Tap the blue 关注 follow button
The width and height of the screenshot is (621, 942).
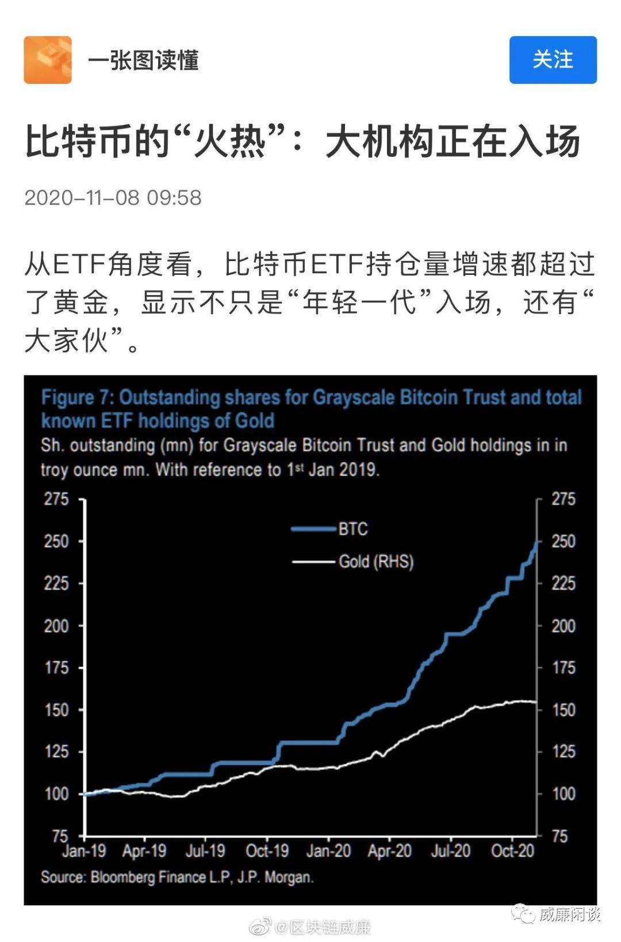pos(553,60)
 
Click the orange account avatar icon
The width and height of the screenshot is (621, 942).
pos(48,60)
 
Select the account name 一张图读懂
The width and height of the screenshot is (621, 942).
pos(143,60)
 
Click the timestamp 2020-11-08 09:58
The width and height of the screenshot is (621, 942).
pos(113,198)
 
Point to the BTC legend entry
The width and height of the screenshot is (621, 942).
pos(352,529)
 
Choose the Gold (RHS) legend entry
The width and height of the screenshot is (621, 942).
pos(376,561)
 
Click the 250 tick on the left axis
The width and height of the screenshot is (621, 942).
pos(56,541)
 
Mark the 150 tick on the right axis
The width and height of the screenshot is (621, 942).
pos(563,710)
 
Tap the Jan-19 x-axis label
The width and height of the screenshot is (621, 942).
pos(84,851)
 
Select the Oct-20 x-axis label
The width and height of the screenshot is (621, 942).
pos(512,851)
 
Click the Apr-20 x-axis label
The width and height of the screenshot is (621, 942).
pos(390,851)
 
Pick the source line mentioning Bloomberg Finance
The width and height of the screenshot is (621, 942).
pos(177,877)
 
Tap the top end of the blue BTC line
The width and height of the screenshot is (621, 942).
pos(536,542)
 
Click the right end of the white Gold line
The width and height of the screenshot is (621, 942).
pos(535,702)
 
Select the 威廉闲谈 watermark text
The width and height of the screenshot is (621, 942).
pos(569,914)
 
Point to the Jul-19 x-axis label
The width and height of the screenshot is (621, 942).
pos(205,851)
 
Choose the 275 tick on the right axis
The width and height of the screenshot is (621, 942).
pos(563,499)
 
